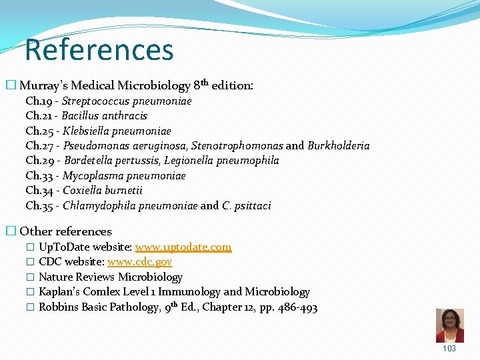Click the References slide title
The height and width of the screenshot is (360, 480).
99,50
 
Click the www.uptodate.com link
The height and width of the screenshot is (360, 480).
183,247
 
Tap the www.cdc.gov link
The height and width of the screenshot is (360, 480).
139,262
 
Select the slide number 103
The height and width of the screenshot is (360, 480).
449,349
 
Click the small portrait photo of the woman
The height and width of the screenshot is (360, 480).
449,325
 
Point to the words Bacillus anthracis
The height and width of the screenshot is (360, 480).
105,116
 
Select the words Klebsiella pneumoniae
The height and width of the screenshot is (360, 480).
117,131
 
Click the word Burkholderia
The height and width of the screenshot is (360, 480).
339,146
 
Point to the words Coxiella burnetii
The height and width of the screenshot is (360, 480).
103,191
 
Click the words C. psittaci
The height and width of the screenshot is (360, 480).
247,206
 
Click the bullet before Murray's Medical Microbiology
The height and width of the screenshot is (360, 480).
11,85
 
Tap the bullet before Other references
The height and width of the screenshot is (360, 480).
11,231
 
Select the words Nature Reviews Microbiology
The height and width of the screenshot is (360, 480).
111,277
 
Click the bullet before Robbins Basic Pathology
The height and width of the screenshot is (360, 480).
29,307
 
